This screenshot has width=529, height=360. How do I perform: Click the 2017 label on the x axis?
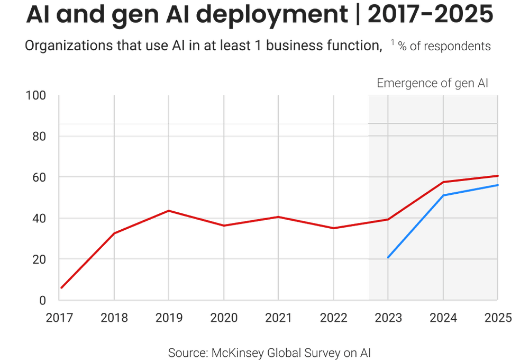pos(60,318)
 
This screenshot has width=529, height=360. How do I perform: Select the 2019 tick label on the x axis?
pos(169,318)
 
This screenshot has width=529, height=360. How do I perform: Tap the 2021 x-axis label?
pos(278,318)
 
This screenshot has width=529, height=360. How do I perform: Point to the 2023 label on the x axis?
pos(388,318)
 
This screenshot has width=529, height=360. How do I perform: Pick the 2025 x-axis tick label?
pos(498,318)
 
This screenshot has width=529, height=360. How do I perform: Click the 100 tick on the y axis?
pos(36,96)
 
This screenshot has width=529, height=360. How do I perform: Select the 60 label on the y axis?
pos(39,177)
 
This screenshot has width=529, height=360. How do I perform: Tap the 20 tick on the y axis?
pos(39,259)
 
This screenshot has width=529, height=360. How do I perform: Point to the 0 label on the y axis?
pos(43,300)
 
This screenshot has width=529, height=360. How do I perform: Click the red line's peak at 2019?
pos(169,210)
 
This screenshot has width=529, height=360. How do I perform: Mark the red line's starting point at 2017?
pos(61,289)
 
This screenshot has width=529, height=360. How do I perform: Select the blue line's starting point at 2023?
pos(388,258)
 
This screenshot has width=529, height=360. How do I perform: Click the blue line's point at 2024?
pos(443,195)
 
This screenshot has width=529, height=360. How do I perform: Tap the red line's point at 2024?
pos(443,182)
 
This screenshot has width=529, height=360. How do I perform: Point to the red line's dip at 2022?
pos(333,228)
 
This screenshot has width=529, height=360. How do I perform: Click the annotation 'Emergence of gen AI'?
pos(432,83)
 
